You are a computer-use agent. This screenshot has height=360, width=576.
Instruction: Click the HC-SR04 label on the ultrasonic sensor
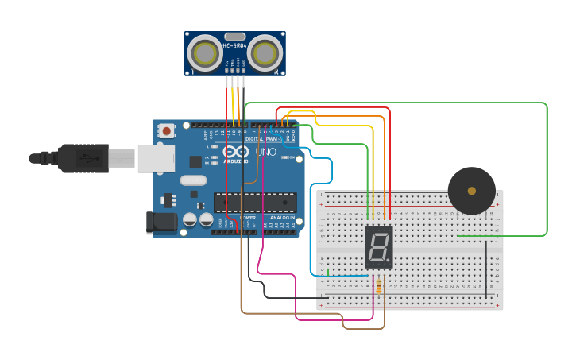coord(234,46)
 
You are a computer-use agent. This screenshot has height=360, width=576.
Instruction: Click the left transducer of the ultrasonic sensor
coord(205,54)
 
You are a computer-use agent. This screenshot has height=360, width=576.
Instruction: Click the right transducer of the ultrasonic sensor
coord(265,54)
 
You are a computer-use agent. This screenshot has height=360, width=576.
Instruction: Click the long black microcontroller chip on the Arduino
coord(255,202)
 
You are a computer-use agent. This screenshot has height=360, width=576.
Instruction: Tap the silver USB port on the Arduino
coord(156,158)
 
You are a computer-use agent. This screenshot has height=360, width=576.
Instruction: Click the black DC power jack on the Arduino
coord(162,222)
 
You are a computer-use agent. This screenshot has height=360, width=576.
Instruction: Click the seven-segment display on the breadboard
coord(378,246)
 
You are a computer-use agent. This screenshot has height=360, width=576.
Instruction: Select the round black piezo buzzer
coord(471,191)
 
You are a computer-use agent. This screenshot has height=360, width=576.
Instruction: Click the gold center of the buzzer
coord(472,191)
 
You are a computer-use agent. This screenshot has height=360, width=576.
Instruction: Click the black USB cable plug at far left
coord(79,158)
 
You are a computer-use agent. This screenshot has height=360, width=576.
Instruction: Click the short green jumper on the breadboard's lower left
coord(328,273)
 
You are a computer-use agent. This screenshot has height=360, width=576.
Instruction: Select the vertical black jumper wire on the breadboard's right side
coord(486,269)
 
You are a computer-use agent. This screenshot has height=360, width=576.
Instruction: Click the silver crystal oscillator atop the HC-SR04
coord(234,36)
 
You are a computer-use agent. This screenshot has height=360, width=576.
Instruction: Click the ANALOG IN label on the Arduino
coord(282,217)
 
